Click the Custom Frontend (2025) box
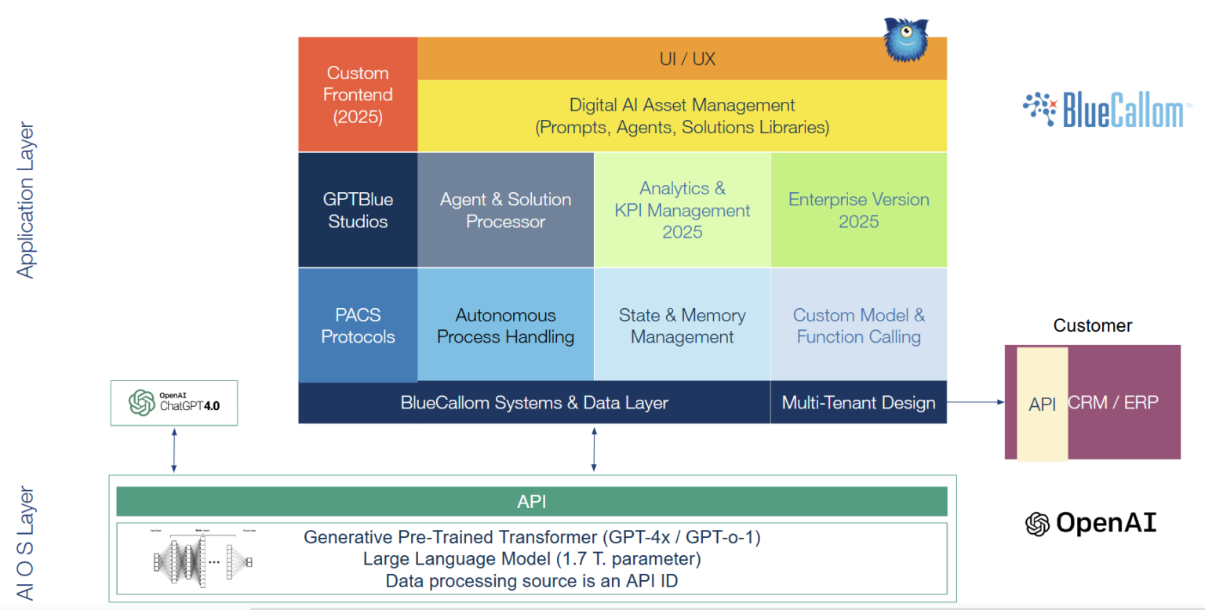(358, 94)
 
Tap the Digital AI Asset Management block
(682, 115)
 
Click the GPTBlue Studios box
(358, 210)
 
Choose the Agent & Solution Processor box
(505, 210)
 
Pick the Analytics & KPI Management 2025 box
(682, 210)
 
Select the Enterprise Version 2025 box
(858, 210)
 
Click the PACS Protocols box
(358, 325)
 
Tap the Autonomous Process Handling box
(505, 325)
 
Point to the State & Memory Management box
(682, 325)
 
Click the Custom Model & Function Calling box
(858, 325)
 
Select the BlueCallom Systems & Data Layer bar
(534, 403)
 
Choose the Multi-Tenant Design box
(858, 403)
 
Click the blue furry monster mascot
(906, 39)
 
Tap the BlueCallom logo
(1102, 110)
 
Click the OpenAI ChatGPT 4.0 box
(174, 403)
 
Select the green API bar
(531, 502)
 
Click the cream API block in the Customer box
(1042, 404)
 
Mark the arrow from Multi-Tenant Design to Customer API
(976, 402)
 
